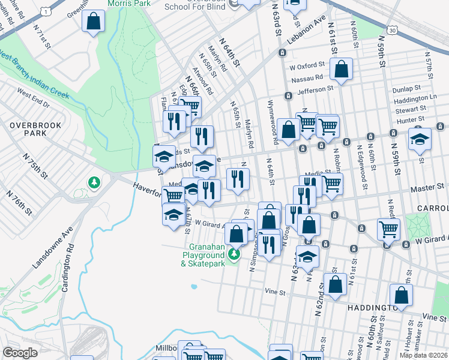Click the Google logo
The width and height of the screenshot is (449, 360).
(x=20, y=353)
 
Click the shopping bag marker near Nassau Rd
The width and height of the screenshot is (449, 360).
(x=341, y=70)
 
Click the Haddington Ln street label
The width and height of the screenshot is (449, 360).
(x=415, y=97)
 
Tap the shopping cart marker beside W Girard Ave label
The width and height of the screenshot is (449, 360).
(x=389, y=229)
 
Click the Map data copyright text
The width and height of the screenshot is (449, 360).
(x=423, y=355)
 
